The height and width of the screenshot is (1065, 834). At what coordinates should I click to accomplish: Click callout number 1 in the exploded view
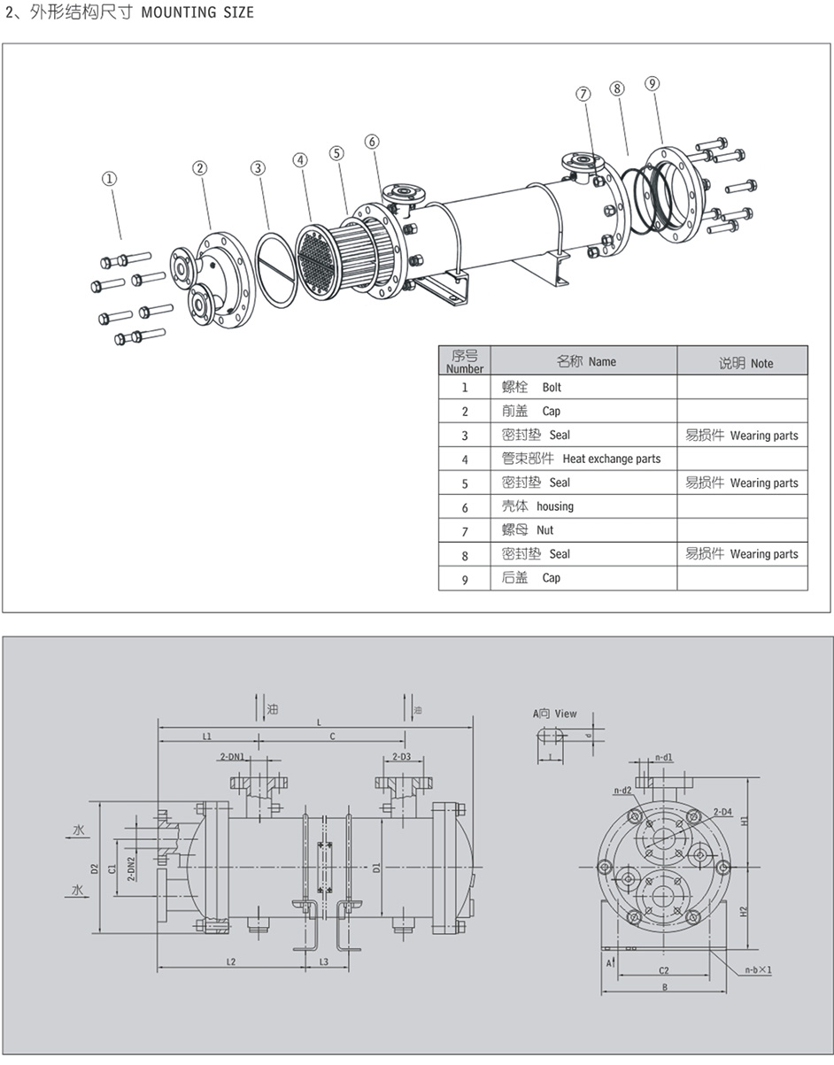[109, 179]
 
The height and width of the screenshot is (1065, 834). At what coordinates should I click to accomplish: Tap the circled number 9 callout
[653, 84]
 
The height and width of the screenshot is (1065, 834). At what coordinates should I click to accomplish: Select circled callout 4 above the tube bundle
[301, 160]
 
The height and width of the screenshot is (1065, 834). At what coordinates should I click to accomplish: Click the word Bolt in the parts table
[552, 388]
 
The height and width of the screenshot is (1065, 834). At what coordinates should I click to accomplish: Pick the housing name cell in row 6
[555, 506]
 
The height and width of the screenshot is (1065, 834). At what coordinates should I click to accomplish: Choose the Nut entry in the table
[544, 530]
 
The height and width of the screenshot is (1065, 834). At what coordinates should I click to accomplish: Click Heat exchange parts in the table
[611, 459]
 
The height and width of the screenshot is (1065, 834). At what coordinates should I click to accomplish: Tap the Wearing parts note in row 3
[763, 436]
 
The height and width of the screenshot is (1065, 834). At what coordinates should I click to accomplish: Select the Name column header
[601, 362]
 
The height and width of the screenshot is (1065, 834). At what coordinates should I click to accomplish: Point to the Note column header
[761, 363]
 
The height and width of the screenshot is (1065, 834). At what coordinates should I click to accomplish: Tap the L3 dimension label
[323, 961]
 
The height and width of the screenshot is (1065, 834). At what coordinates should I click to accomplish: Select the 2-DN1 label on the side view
[232, 757]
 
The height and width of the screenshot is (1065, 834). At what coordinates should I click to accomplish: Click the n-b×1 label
[758, 969]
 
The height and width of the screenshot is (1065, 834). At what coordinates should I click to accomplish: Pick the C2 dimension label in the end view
[663, 971]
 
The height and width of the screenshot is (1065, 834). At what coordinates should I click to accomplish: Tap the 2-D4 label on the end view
[722, 812]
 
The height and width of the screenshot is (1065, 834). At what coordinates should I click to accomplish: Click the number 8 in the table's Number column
[465, 555]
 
